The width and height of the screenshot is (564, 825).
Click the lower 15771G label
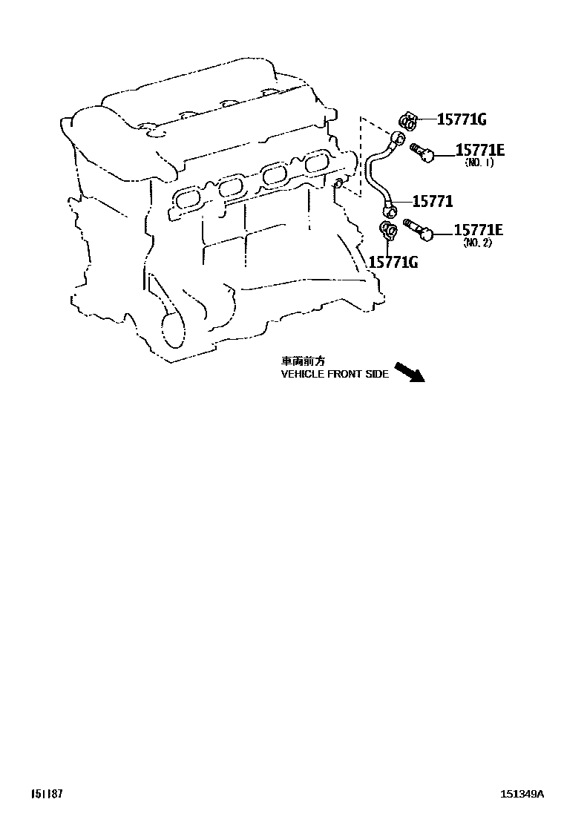393,260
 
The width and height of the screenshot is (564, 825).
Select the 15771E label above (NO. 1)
479,151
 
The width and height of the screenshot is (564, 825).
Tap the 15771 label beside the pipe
433,202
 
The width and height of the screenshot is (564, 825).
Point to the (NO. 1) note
479,162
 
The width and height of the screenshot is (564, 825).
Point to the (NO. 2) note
477,243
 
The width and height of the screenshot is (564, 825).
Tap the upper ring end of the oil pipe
399,138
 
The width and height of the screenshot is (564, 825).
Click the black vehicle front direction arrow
409,371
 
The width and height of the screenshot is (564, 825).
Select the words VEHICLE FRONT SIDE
335,375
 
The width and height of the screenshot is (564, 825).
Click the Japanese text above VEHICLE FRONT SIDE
303,361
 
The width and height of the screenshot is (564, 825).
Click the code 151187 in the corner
47,794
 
